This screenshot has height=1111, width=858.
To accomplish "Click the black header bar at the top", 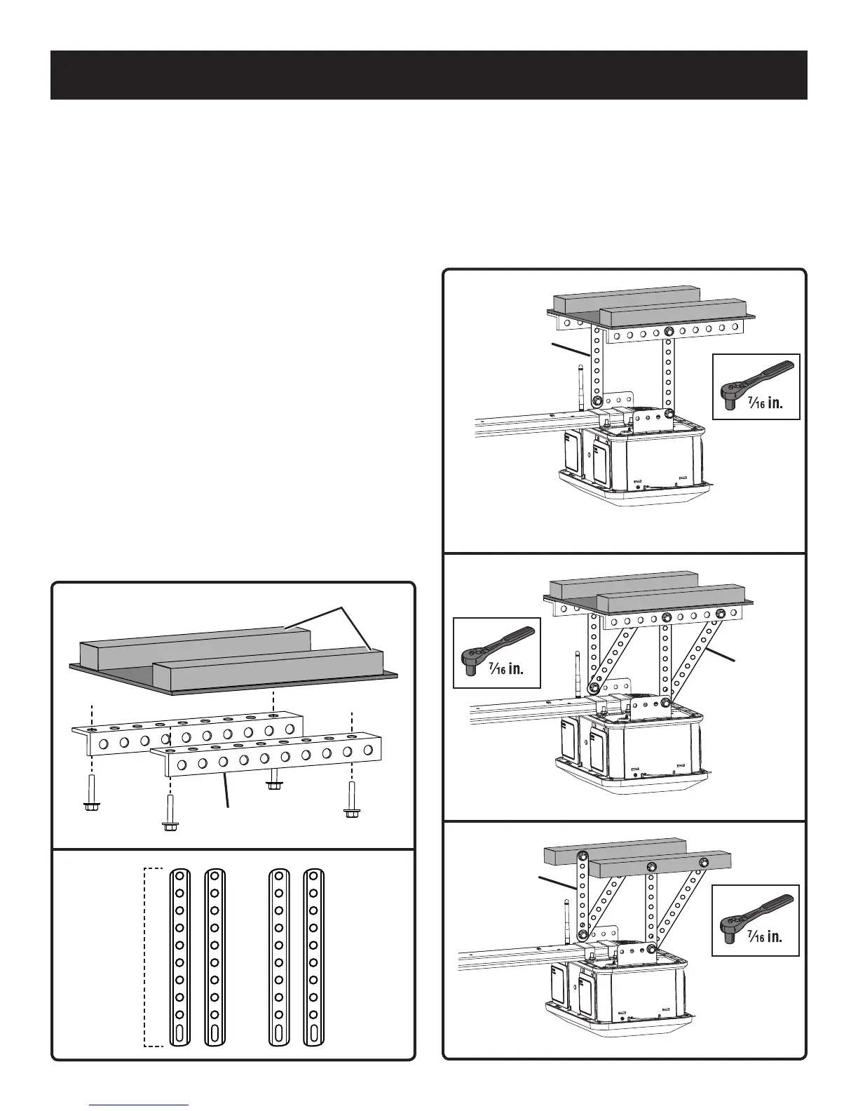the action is [428, 74].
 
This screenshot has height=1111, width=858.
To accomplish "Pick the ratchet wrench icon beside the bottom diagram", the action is [756, 911].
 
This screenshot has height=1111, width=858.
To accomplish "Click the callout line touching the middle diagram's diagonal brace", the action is [721, 654].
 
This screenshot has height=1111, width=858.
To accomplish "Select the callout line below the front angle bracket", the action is [226, 793].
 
